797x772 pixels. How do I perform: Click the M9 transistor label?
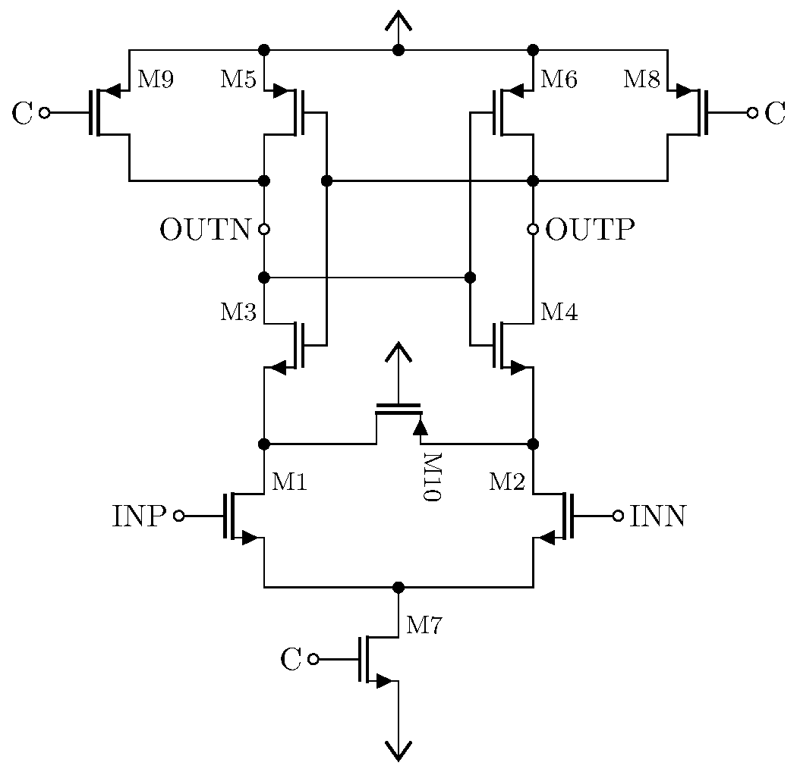[x=155, y=80]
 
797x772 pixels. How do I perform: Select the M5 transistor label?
[x=238, y=80]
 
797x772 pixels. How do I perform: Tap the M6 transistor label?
[x=559, y=80]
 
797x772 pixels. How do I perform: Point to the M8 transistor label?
[x=642, y=80]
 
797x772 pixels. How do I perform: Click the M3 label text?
[x=238, y=312]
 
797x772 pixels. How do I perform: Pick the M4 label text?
[x=559, y=312]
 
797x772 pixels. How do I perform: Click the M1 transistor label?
[x=288, y=482]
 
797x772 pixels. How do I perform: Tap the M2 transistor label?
[x=507, y=482]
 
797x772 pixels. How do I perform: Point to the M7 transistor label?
[x=424, y=626]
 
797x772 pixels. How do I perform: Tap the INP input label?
[x=140, y=516]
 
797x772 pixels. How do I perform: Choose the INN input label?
[x=658, y=516]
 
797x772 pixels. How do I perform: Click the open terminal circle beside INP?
[x=178, y=516]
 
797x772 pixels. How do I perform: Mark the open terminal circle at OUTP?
[x=533, y=229]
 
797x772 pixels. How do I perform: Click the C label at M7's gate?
[x=291, y=661]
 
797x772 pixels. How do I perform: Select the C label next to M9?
[x=23, y=114]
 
